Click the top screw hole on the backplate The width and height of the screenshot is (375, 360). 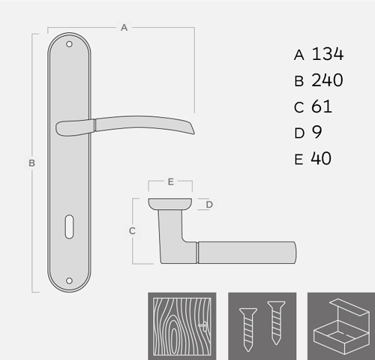(69, 44)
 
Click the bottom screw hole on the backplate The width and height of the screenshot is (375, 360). (69, 280)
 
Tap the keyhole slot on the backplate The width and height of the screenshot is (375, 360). (69, 226)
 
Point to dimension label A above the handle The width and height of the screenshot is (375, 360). (124, 28)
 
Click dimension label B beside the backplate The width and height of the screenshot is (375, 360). (31, 163)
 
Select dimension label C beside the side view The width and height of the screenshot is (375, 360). (132, 231)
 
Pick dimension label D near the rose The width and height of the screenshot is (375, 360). (209, 205)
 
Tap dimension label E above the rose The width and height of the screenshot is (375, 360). (171, 181)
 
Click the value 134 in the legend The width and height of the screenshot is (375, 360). (328, 54)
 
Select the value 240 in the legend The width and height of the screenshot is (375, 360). (327, 80)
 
